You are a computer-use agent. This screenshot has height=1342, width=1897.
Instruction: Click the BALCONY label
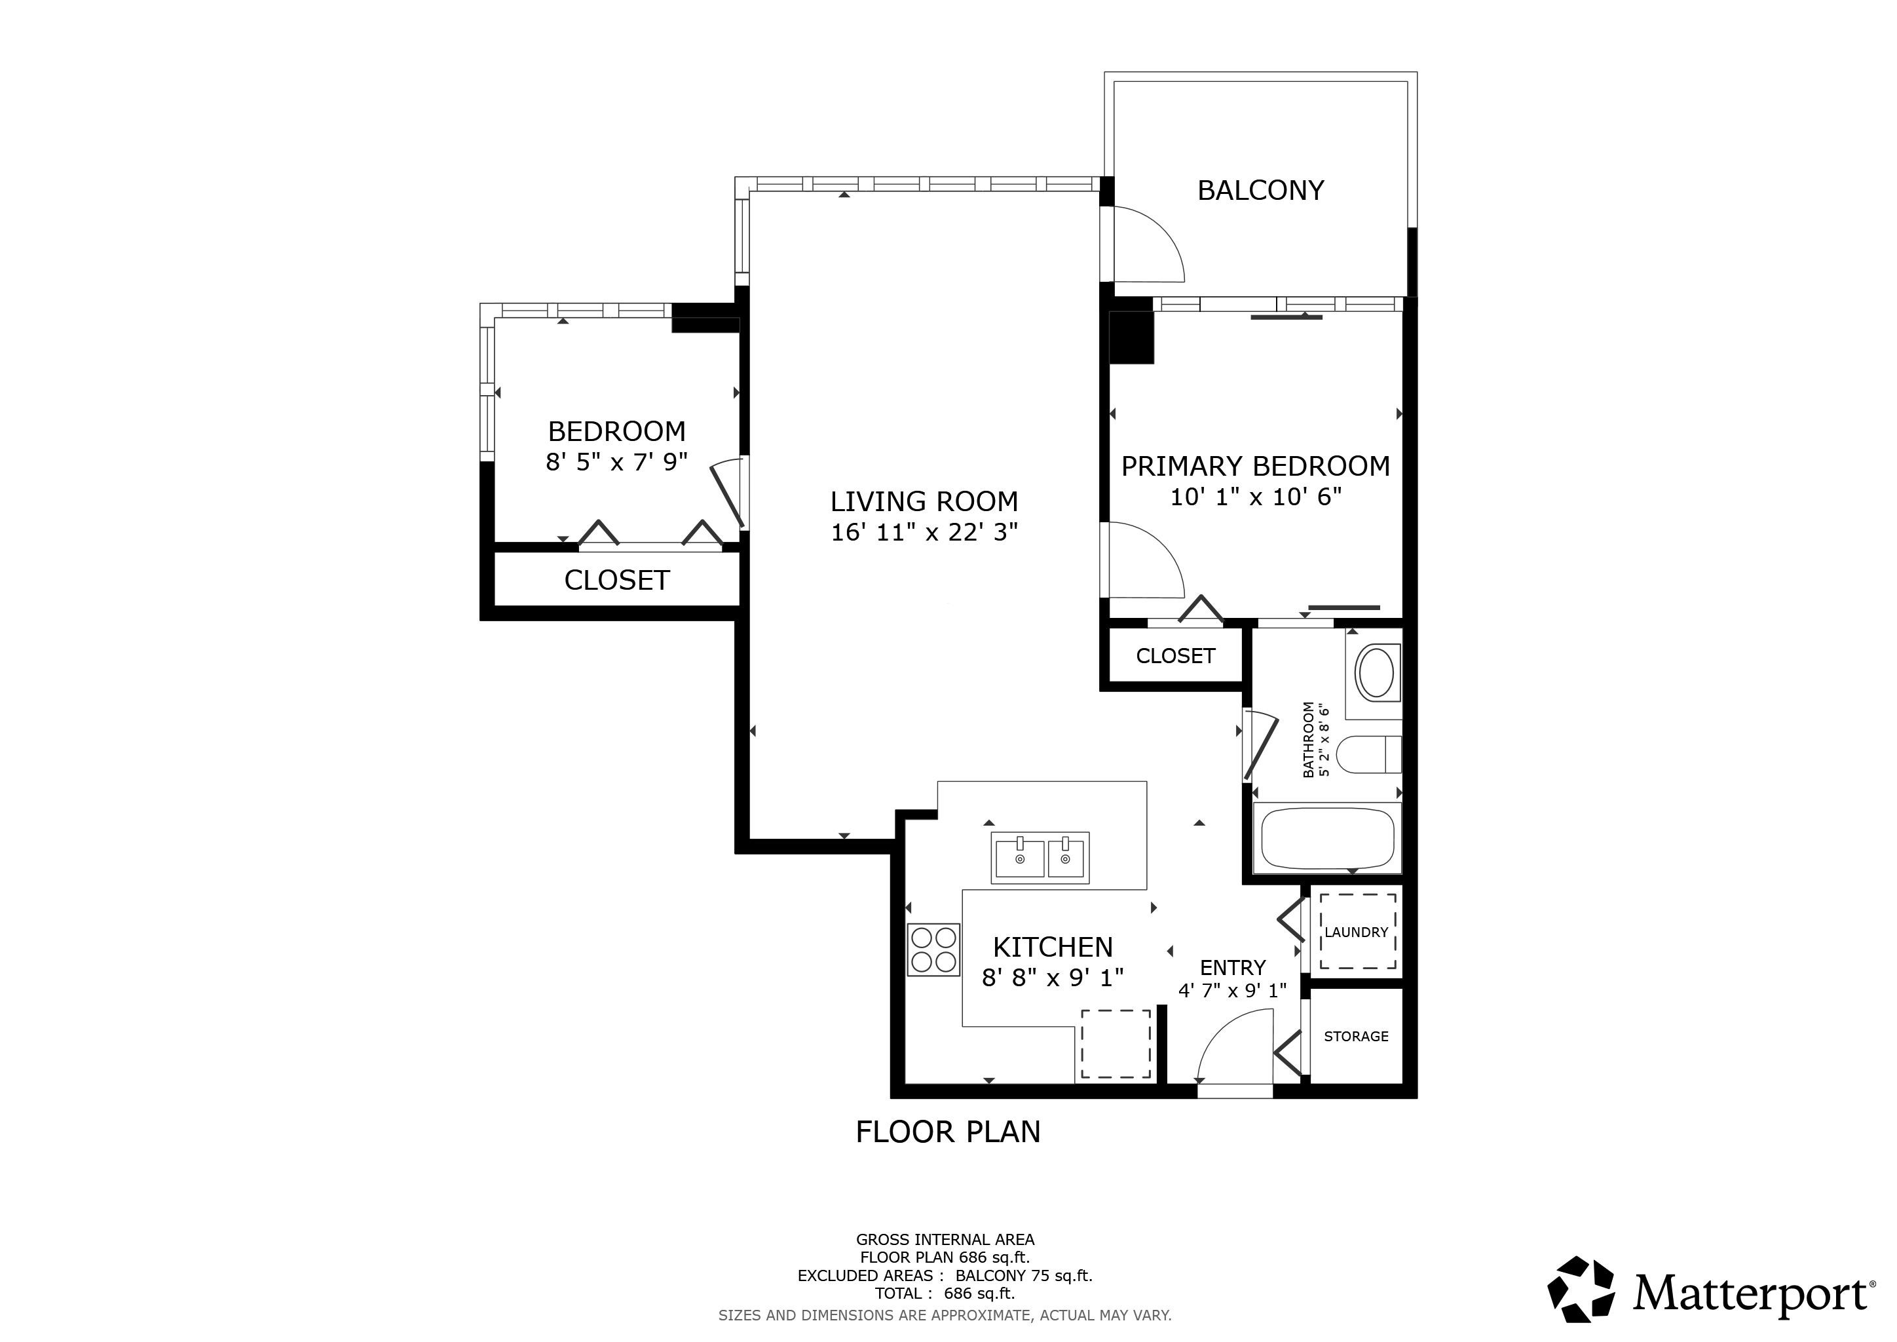tap(1260, 191)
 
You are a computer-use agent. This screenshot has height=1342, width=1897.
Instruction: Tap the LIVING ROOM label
tap(924, 501)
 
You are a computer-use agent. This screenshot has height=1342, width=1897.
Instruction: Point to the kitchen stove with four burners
tap(933, 949)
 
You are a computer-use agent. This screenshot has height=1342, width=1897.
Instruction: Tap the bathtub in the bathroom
tap(1328, 838)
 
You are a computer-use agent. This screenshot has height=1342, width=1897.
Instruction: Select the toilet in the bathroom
tap(1369, 754)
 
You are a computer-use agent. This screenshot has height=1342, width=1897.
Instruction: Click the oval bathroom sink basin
tap(1376, 674)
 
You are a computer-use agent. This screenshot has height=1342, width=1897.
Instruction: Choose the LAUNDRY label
tap(1357, 932)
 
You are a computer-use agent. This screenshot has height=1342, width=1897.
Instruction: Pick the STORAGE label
tap(1356, 1036)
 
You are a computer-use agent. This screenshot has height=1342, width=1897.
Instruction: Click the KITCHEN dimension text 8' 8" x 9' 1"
tap(1053, 978)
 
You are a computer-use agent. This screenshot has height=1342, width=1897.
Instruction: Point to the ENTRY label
tap(1233, 968)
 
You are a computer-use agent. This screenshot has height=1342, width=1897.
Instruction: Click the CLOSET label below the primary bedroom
tap(1175, 656)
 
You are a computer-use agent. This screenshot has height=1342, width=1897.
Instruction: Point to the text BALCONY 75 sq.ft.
tap(1024, 1276)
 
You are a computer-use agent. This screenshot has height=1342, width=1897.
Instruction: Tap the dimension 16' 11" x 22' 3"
tap(924, 533)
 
